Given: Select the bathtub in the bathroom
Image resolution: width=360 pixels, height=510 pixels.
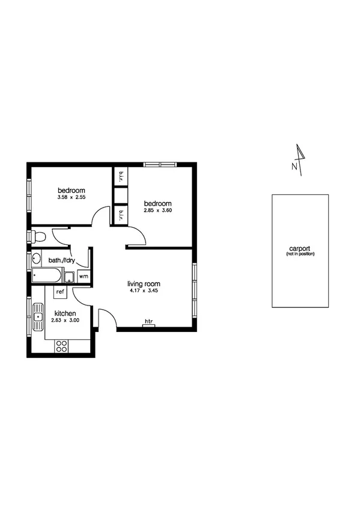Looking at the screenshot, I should click(46, 277).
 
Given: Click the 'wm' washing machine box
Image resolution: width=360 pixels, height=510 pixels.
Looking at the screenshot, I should click(83, 277).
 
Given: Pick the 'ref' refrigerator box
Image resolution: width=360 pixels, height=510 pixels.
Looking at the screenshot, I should click(60, 292).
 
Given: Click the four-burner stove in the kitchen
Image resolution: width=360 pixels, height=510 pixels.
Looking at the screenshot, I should click(61, 346).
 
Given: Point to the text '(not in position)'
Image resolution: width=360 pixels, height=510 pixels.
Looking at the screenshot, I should click(300, 254).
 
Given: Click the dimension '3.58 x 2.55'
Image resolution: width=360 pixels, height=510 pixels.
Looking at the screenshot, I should click(72, 197).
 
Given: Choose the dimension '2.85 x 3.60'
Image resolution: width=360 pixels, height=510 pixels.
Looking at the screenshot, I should click(158, 210).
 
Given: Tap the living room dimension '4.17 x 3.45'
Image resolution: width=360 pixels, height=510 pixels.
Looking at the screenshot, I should click(144, 291).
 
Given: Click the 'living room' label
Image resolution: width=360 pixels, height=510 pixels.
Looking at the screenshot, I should click(144, 283).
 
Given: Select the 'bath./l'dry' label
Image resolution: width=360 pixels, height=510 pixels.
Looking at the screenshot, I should click(61, 260).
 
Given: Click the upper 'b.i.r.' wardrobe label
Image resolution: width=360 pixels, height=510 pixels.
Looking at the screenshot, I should click(121, 175).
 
